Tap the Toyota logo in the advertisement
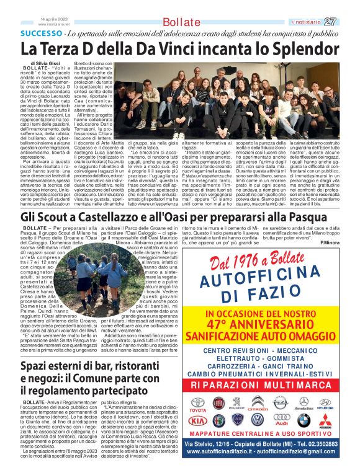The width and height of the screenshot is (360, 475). pyautogui.click(x=197, y=405)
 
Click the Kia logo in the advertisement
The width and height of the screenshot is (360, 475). pyautogui.click(x=197, y=421)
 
